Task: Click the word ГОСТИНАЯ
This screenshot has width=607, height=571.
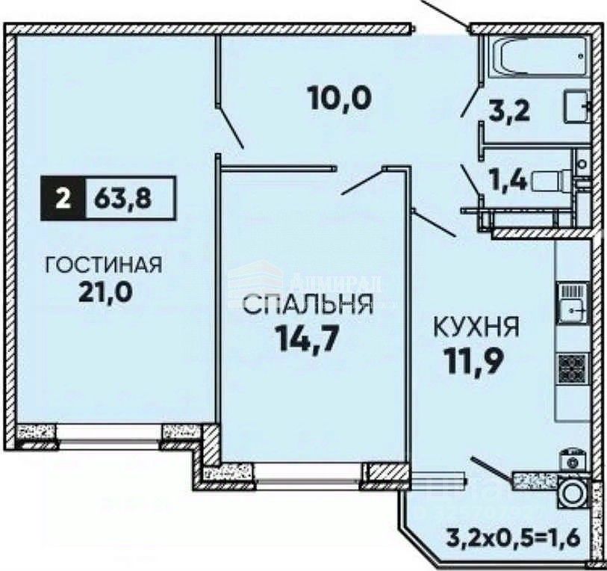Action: click(x=104, y=265)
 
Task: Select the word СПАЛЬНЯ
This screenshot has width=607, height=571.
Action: click(x=308, y=306)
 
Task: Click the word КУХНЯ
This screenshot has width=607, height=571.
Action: click(x=476, y=328)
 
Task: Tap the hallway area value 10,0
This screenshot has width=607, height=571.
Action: click(x=340, y=97)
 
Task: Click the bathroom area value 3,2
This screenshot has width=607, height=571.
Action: click(x=511, y=112)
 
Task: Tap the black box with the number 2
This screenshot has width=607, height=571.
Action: click(x=63, y=199)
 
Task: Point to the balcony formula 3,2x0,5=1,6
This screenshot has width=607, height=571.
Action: click(x=512, y=537)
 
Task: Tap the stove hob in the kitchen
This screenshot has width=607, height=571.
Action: click(x=573, y=367)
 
